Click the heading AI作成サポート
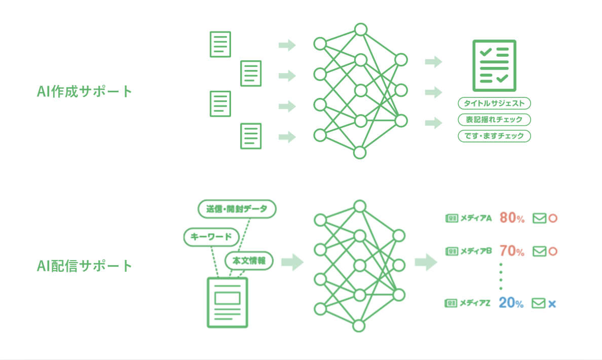85,92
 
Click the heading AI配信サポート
85,265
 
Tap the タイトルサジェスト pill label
494,103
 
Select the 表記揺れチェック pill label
494,120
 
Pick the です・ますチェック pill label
494,136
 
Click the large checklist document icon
494,65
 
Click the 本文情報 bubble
249,261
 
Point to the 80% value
512,218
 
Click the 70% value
512,250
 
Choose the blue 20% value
511,303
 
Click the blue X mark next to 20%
552,304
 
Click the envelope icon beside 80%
539,219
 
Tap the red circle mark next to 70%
553,251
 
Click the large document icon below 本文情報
227,302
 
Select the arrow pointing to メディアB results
426,263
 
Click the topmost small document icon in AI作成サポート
220,44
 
